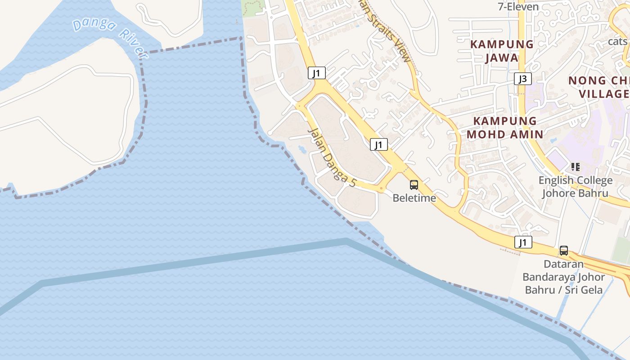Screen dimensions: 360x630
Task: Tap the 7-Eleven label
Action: click(518, 7)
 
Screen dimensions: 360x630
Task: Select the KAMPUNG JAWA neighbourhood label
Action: click(502, 51)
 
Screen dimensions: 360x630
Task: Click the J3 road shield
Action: click(522, 79)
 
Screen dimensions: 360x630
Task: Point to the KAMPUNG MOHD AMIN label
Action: click(505, 127)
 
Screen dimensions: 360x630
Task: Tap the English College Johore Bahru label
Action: click(576, 187)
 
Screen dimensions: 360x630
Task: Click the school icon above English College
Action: click(575, 167)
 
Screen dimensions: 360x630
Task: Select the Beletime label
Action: click(414, 198)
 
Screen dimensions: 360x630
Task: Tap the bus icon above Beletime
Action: click(414, 184)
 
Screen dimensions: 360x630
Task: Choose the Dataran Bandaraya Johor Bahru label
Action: click(563, 277)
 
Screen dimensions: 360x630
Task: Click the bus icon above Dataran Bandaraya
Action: click(563, 251)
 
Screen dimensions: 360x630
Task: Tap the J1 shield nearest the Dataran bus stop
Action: click(523, 243)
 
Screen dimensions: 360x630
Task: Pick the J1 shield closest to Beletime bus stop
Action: click(379, 144)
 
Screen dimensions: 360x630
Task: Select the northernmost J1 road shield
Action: click(317, 73)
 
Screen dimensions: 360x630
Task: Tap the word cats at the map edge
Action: click(617, 41)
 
